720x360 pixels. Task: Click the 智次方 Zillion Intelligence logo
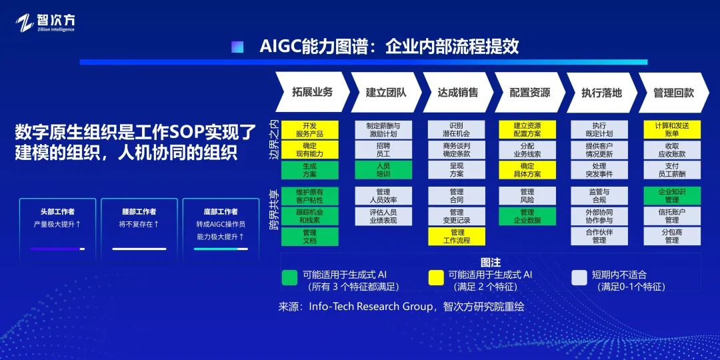tap(45, 23)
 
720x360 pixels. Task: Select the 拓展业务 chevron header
tap(313, 92)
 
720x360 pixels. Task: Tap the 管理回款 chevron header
tap(673, 92)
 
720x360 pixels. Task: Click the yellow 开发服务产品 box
tap(309, 130)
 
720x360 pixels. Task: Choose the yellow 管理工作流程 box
tap(457, 236)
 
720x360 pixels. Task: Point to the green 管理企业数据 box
tap(527, 216)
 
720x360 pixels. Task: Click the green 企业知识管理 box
tap(672, 195)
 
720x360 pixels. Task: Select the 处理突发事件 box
tap(599, 170)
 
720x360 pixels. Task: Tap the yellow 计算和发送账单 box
tap(672, 130)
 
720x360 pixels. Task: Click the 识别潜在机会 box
tap(457, 130)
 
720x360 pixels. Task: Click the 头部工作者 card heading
tap(57, 212)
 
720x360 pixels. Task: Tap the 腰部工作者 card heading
tap(139, 212)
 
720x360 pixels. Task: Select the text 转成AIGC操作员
tap(221, 225)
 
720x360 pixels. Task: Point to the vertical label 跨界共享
tap(274, 210)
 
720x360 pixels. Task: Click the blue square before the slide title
tap(237, 47)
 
